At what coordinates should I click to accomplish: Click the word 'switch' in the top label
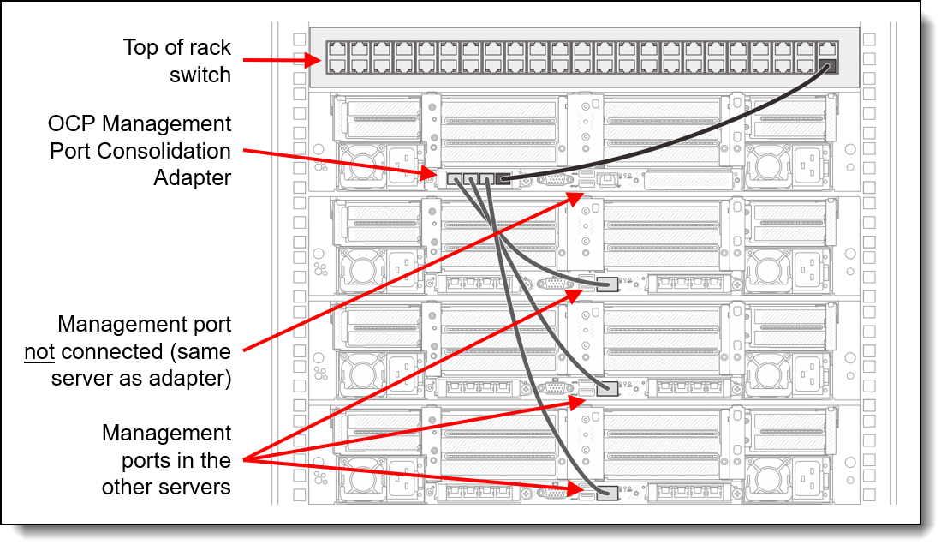[x=200, y=75]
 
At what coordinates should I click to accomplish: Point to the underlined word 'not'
[x=40, y=351]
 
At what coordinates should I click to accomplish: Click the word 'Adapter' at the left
[x=192, y=177]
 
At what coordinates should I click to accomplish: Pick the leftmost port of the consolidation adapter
[x=454, y=179]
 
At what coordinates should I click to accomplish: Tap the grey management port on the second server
[x=607, y=284]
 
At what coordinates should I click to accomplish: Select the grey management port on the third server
[x=607, y=388]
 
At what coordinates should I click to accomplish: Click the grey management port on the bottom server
[x=607, y=493]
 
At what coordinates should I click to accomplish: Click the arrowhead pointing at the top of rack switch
[x=313, y=60]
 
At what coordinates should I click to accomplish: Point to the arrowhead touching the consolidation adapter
[x=427, y=173]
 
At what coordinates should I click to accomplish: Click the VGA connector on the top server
[x=554, y=179]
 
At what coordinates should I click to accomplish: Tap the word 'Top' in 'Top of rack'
[x=140, y=47]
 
